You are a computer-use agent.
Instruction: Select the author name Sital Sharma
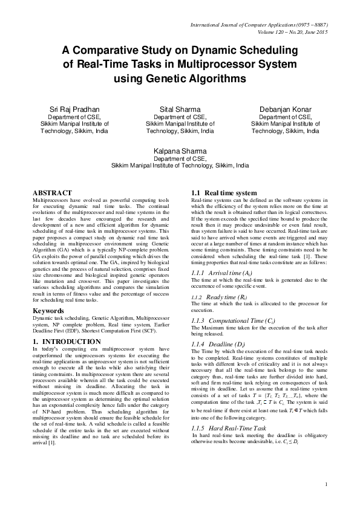pos(180,109)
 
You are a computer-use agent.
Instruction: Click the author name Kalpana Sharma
pos(180,151)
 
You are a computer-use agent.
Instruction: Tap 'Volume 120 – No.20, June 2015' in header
pos(292,31)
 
